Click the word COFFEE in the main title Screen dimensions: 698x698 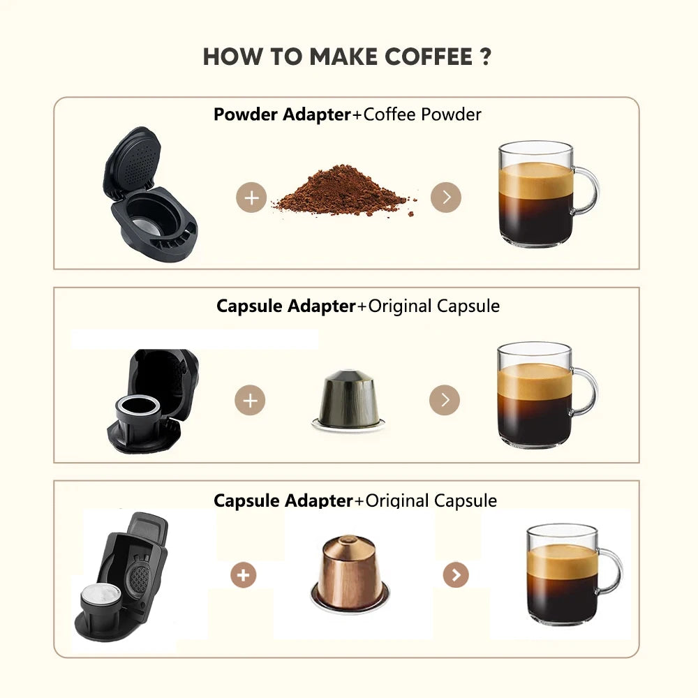[x=428, y=57]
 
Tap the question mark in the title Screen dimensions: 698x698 [x=486, y=57]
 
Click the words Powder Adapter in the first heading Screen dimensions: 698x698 [x=282, y=114]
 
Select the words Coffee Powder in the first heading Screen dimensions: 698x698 [x=422, y=114]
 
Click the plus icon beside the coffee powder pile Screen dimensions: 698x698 [x=251, y=198]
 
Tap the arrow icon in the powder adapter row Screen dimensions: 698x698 [x=445, y=198]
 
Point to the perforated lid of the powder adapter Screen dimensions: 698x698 [x=133, y=161]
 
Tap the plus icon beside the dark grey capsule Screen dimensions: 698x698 [x=250, y=400]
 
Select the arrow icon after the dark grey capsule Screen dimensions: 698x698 [x=444, y=400]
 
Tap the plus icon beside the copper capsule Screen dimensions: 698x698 [x=243, y=574]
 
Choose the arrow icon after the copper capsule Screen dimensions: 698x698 [x=456, y=574]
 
